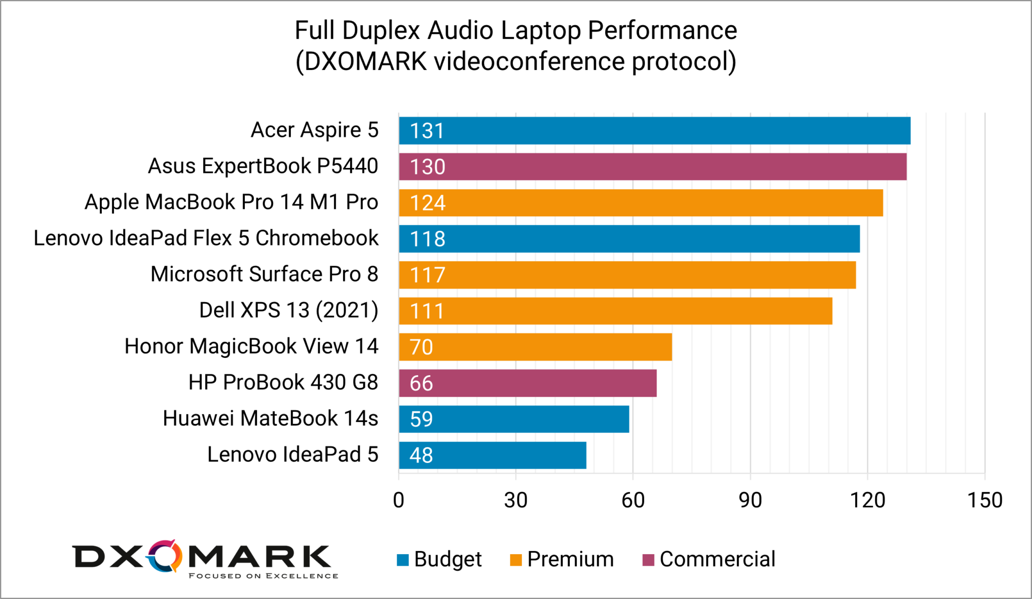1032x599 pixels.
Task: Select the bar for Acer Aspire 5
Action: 655,131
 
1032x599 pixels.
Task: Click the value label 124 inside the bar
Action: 427,203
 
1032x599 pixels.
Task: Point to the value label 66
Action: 421,383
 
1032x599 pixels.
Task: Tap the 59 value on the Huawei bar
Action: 421,420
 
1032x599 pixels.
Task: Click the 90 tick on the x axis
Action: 750,500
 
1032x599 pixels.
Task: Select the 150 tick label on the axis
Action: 985,500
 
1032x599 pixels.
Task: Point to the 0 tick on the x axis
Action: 399,500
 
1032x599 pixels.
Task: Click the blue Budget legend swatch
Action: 403,560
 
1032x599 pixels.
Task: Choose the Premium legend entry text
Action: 570,559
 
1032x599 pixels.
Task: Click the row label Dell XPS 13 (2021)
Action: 288,311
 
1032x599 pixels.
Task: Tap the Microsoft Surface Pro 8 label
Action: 264,274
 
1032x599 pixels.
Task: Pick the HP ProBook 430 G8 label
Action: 283,383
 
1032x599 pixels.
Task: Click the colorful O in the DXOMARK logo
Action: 165,557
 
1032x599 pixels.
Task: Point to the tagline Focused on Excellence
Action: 263,576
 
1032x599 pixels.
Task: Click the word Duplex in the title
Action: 381,30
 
